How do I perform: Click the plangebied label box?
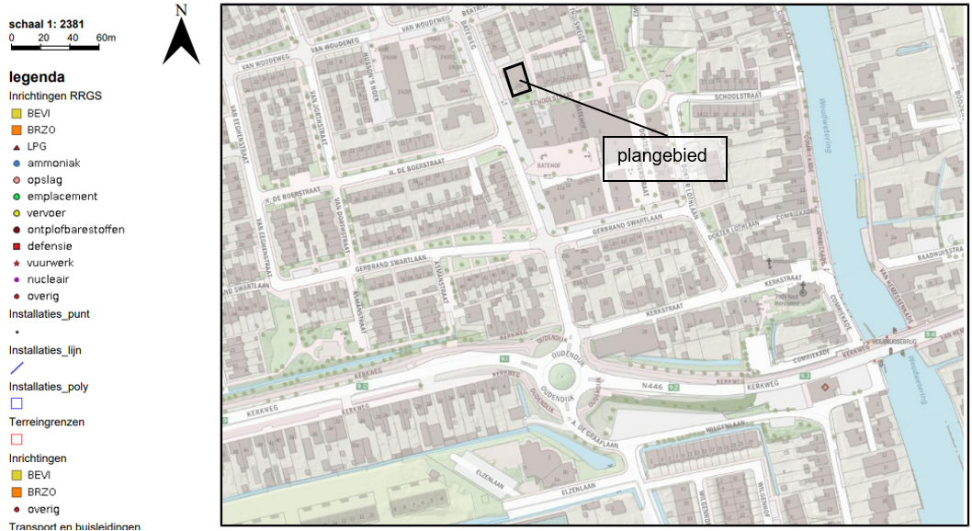coord(664,158)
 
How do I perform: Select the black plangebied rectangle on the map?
coord(517,79)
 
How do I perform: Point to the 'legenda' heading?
coord(37,77)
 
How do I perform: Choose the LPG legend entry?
coord(37,146)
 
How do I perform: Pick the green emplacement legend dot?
coord(17,197)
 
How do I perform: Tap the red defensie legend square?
coord(17,246)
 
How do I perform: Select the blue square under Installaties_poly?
coord(17,403)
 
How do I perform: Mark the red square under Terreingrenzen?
coord(17,439)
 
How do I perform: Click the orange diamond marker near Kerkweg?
coord(824,388)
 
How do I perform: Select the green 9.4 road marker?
coord(931,334)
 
